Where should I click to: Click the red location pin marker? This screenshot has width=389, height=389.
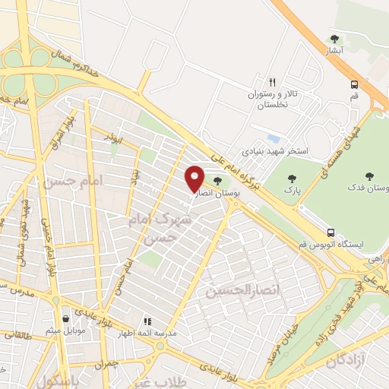pyautogui.click(x=194, y=178)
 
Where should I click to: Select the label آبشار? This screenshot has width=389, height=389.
pyautogui.click(x=334, y=52)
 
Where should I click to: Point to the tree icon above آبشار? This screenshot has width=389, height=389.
pyautogui.click(x=334, y=39)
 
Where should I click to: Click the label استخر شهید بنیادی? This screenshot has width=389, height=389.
pyautogui.click(x=280, y=151)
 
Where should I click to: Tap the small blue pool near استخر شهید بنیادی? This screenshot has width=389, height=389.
pyautogui.click(x=273, y=138)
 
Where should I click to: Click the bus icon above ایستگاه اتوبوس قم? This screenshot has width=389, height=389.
pyautogui.click(x=330, y=232)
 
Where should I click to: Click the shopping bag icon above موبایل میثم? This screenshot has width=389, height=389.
pyautogui.click(x=68, y=319)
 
